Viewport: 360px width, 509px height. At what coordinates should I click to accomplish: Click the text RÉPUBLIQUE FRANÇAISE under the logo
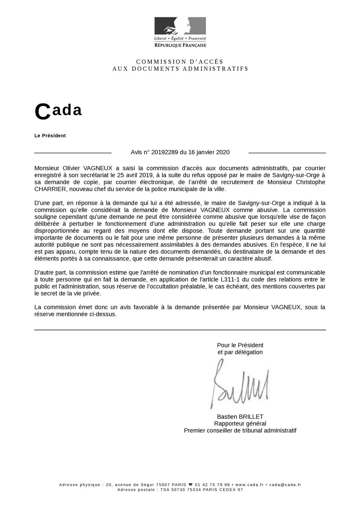click(180, 45)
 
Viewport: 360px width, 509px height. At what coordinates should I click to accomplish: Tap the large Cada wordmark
click(58, 111)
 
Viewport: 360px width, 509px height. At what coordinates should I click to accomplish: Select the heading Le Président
click(50, 136)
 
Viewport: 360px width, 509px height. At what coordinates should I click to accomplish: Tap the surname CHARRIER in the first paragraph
click(50, 189)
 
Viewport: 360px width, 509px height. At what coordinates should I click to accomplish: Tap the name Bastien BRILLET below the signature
click(240, 417)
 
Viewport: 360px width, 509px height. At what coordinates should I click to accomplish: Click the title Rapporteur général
click(240, 424)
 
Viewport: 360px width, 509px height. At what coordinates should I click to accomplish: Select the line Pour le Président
click(240, 345)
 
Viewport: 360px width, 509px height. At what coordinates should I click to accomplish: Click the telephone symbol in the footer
click(190, 485)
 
